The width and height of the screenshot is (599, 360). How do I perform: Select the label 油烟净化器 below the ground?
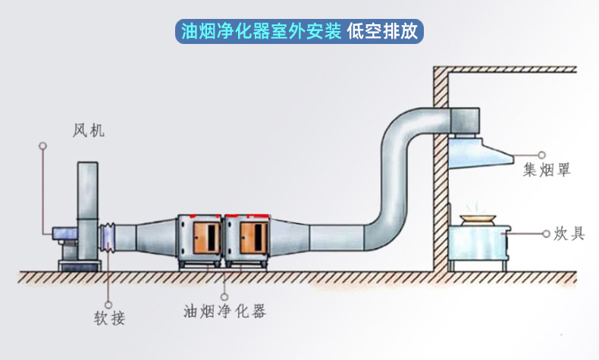click(224, 311)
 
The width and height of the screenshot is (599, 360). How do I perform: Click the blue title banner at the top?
click(299, 31)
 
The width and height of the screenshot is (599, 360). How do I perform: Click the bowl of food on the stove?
click(475, 218)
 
